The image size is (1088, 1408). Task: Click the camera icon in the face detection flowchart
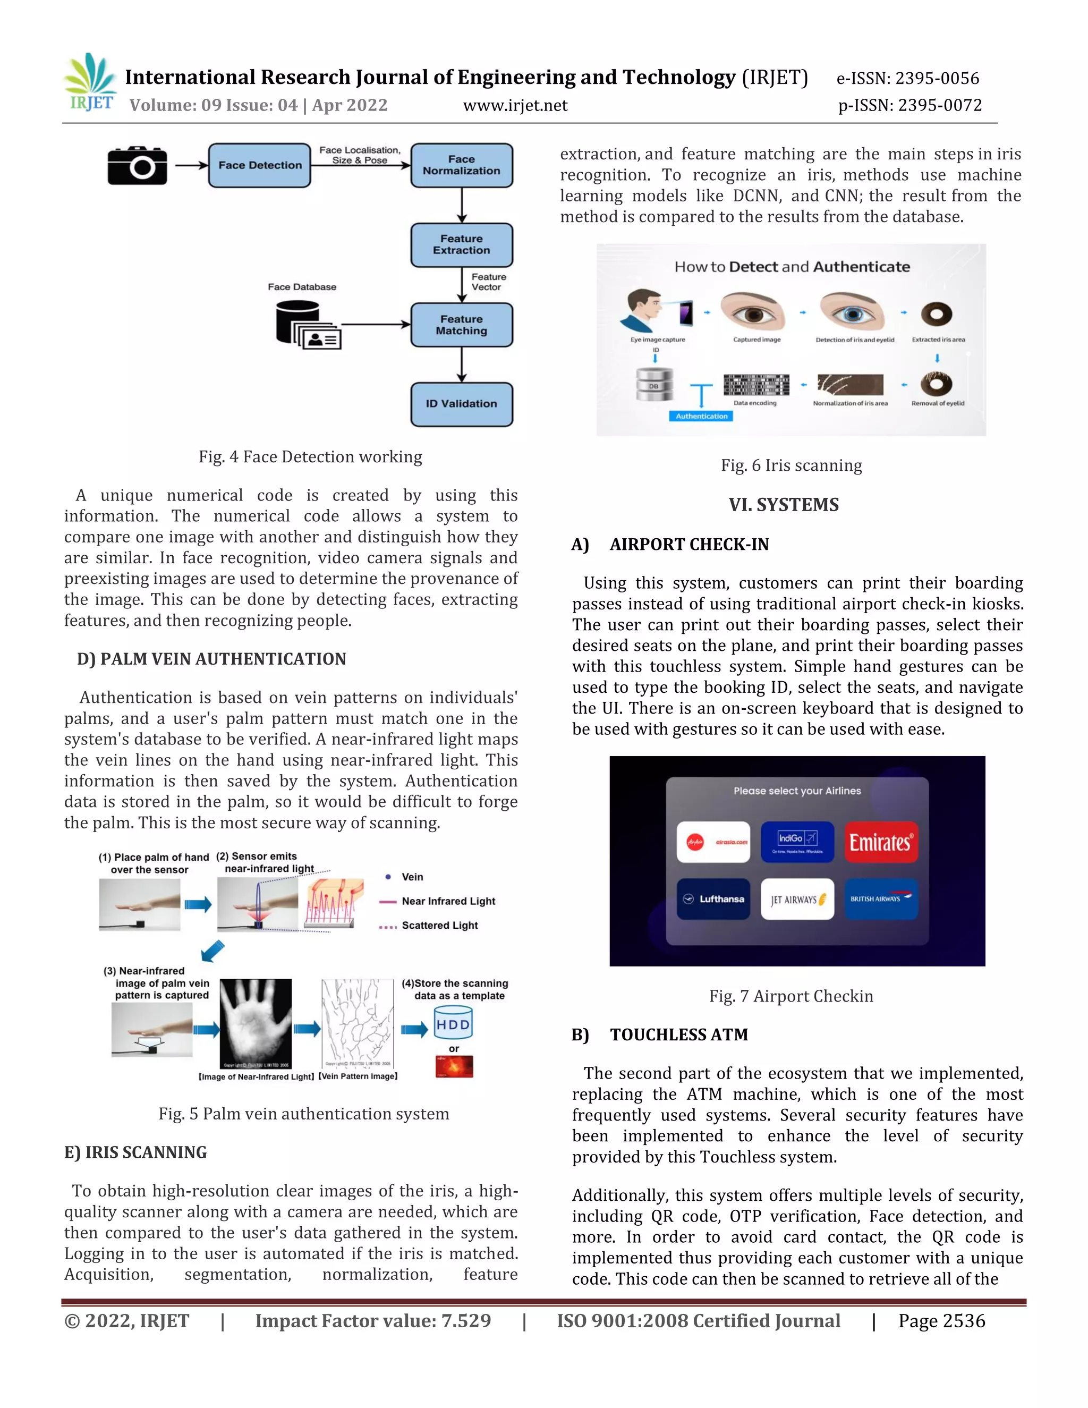coord(137,166)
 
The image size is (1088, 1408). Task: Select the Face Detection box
coord(259,166)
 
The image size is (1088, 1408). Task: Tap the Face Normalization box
coord(462,166)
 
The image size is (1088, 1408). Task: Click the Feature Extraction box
coord(462,245)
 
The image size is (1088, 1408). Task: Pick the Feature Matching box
coord(462,325)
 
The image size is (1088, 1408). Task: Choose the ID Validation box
coord(462,404)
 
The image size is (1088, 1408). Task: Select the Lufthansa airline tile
coord(713,898)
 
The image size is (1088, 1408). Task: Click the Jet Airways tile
coord(797,898)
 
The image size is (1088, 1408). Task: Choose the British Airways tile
coord(880,898)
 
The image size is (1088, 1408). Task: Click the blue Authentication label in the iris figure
coord(701,417)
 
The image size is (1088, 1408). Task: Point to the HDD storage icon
coord(453,1025)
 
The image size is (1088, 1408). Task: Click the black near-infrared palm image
coord(256,1024)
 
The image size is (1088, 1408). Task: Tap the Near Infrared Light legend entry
coord(448,901)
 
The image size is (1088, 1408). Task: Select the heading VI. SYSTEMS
coord(784,505)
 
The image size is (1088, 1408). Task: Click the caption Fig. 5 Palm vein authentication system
coord(303,1114)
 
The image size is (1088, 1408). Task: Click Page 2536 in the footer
coord(942,1321)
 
